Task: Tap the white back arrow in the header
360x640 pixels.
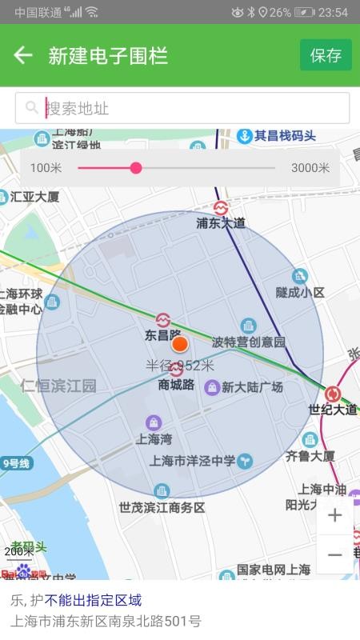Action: click(x=23, y=55)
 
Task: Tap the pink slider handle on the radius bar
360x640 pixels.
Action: click(x=136, y=168)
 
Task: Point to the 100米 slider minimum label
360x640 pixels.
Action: click(x=46, y=168)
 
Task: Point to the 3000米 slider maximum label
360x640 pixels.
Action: click(x=310, y=168)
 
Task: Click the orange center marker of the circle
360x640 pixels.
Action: click(x=180, y=345)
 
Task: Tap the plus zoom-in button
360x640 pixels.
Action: click(x=334, y=516)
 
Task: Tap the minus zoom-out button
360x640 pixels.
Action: click(x=334, y=554)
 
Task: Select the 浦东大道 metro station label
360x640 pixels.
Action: click(x=221, y=223)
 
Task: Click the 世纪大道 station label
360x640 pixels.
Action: click(x=333, y=409)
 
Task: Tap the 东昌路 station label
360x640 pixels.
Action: click(x=163, y=335)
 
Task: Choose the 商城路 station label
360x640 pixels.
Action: click(x=177, y=385)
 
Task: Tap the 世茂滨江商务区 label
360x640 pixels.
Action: click(x=162, y=507)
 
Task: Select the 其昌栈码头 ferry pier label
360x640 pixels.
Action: click(x=285, y=136)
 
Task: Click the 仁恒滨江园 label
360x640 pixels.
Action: click(x=58, y=386)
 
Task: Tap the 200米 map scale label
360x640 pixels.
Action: click(x=19, y=551)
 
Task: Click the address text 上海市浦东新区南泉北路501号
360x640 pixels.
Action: click(x=106, y=621)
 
